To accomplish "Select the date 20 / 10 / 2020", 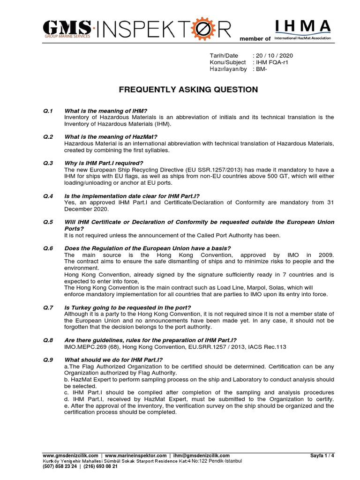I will point(274,55).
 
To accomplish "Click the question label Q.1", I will point(48,111).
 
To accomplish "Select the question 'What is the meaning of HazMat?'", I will point(111,137).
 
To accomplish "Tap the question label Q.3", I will point(48,163).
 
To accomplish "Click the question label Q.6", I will point(48,248).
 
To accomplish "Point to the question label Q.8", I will point(48,340).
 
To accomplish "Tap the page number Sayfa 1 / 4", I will point(322,456).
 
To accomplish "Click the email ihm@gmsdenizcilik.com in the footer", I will point(202,456).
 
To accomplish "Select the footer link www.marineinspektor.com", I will point(135,456).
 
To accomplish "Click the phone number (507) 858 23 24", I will point(60,466).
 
